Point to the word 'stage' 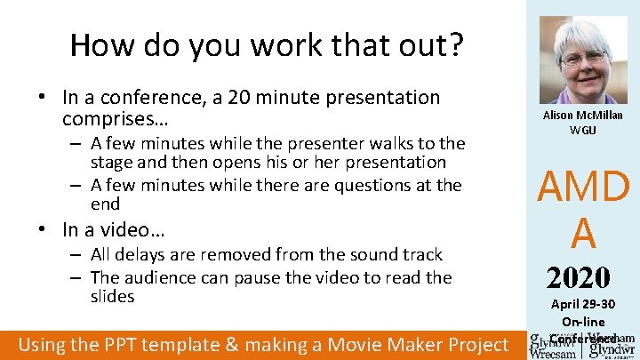115,163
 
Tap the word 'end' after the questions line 106,204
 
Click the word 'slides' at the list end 113,296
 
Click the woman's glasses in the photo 583,58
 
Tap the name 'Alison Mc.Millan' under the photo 583,116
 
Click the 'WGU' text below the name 583,130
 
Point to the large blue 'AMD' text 583,188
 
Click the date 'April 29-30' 583,306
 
